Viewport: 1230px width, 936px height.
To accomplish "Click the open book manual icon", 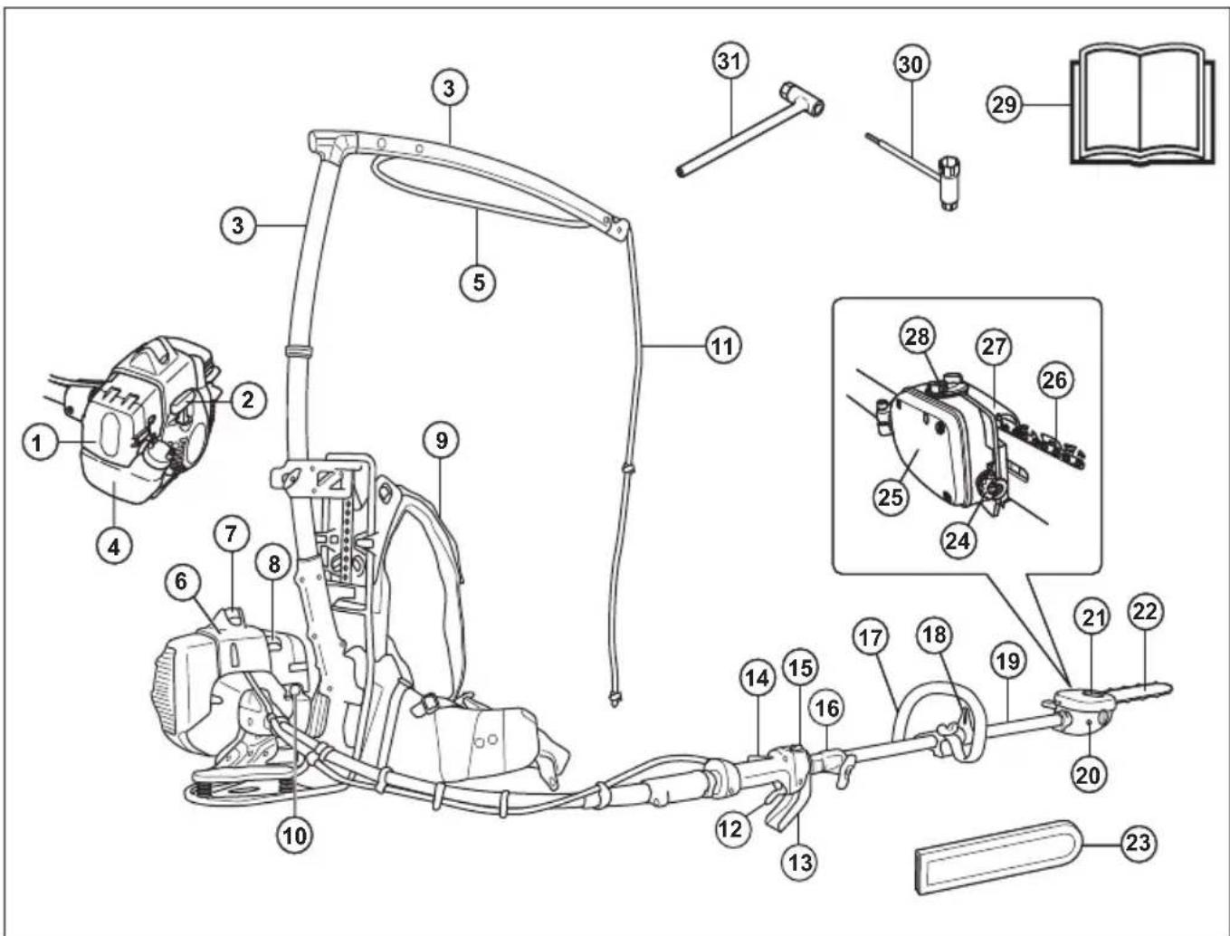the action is click(x=1143, y=107).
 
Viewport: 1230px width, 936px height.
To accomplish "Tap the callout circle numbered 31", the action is click(x=730, y=62).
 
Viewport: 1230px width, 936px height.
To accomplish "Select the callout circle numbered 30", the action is click(x=911, y=65).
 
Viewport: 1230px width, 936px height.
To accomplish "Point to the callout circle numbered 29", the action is click(x=1004, y=105).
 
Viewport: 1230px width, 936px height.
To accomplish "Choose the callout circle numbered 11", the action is click(x=722, y=347).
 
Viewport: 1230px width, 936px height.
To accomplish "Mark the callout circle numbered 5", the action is click(x=478, y=282).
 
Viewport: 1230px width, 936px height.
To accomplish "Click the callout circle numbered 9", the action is click(x=442, y=441).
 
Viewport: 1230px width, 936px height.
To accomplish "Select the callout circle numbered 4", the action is click(x=114, y=546).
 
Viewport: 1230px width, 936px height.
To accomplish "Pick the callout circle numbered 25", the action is click(x=891, y=496).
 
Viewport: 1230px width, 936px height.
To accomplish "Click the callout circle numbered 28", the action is click(x=918, y=336).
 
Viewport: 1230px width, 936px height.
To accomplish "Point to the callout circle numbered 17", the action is click(x=871, y=637).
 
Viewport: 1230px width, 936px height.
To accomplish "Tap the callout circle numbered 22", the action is click(x=1145, y=611).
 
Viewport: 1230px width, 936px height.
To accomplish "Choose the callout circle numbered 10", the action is click(x=295, y=836).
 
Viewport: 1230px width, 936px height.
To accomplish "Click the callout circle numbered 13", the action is click(x=800, y=862).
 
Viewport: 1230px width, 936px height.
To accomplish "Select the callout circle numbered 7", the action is click(x=231, y=534).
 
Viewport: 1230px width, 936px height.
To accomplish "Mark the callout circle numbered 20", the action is click(x=1090, y=776).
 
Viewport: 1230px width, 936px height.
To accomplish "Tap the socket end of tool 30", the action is click(x=949, y=183).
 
